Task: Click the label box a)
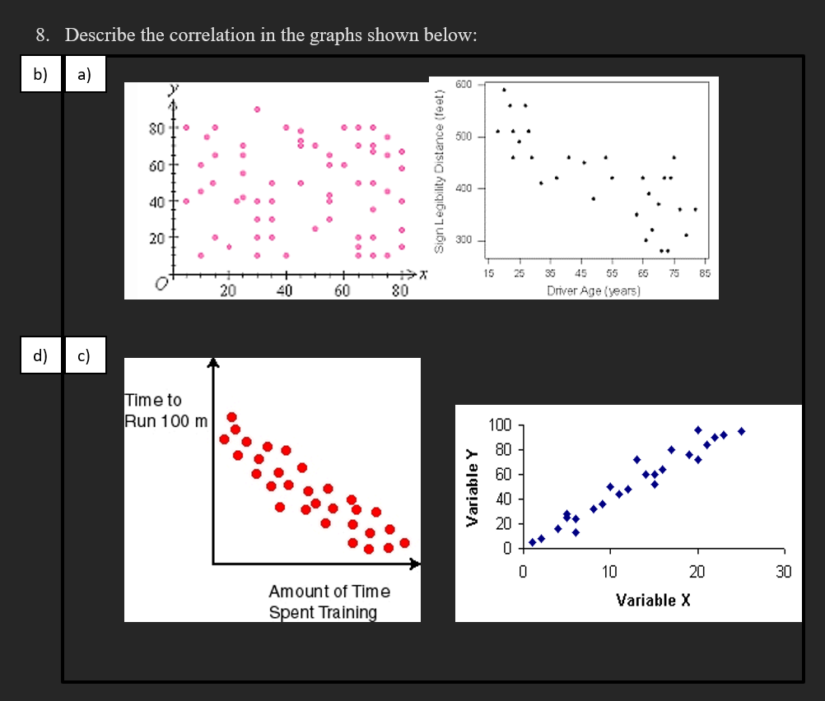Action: (x=84, y=75)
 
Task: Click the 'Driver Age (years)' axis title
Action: (x=594, y=290)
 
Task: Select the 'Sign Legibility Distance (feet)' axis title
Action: (x=439, y=165)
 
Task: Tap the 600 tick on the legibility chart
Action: (x=464, y=85)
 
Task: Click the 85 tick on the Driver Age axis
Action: (x=705, y=274)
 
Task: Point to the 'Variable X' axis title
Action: (x=654, y=600)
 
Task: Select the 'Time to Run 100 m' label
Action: (x=165, y=411)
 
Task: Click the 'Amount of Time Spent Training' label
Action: (x=329, y=601)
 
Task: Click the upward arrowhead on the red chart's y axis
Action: (x=213, y=363)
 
